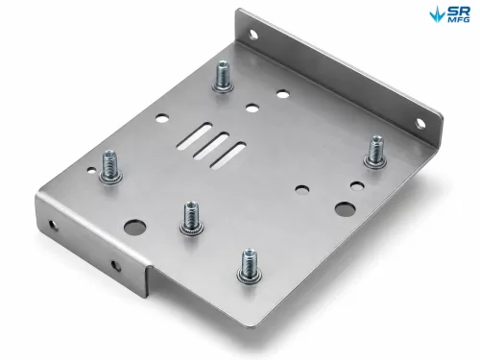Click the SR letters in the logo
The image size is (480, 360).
point(459,12)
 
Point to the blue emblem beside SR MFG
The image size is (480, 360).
point(438,14)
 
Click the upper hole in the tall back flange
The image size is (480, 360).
point(252,34)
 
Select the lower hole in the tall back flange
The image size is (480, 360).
point(420,123)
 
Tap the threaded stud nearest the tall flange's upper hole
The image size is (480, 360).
point(222,77)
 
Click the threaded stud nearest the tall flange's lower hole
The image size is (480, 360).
point(375,152)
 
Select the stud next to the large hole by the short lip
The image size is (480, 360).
point(191,218)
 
